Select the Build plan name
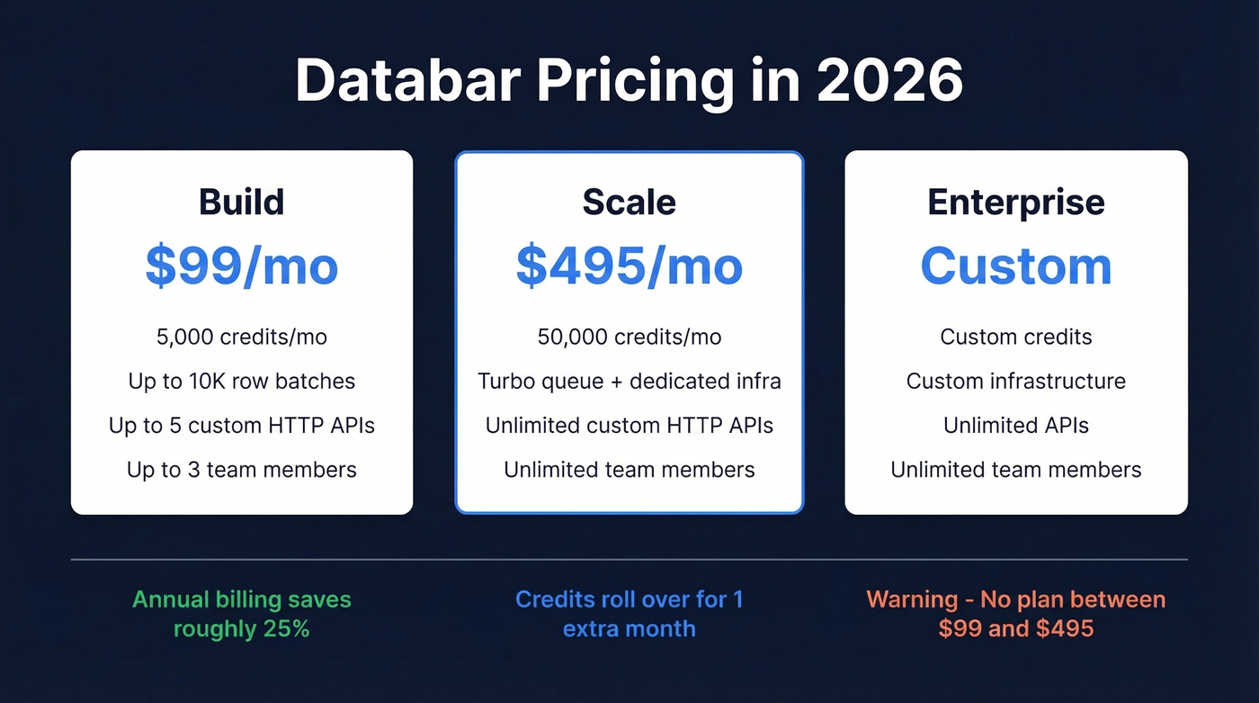point(241,202)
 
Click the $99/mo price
point(241,266)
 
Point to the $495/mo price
point(629,266)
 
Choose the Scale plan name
point(629,202)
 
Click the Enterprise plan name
point(1015,202)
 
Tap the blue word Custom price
point(1015,266)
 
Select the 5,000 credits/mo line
point(241,337)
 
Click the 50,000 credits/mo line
point(629,337)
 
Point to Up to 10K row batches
point(241,381)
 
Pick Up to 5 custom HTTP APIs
point(241,425)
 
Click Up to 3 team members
point(241,469)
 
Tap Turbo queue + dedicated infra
point(629,381)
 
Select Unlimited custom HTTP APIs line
point(629,425)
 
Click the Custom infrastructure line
point(1015,381)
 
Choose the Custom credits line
point(1015,337)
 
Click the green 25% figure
point(287,628)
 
